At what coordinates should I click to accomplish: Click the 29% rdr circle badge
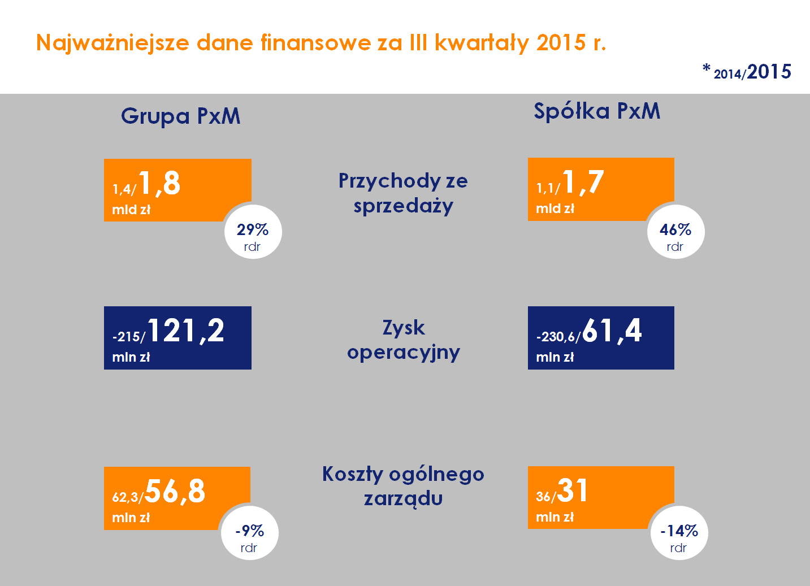[x=253, y=232]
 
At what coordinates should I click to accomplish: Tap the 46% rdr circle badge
[x=675, y=232]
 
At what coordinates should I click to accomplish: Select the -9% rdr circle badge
[x=249, y=533]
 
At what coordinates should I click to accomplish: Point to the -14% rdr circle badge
[x=679, y=533]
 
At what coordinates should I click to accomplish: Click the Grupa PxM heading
[x=180, y=116]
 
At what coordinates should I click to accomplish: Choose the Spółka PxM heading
[x=597, y=111]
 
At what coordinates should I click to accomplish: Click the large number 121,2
[x=185, y=331]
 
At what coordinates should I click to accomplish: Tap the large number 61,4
[x=612, y=331]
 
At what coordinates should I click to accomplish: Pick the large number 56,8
[x=175, y=491]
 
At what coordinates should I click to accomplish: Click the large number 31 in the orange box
[x=573, y=490]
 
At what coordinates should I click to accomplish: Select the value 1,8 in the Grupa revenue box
[x=159, y=184]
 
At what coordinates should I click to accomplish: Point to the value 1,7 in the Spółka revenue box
[x=583, y=183]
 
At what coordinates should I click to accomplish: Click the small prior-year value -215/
[x=129, y=337]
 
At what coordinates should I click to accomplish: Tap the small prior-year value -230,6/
[x=558, y=337]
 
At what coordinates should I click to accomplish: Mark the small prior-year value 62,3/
[x=127, y=497]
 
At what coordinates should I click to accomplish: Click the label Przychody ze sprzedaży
[x=403, y=193]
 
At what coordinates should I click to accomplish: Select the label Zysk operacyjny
[x=403, y=340]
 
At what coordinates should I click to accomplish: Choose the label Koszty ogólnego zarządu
[x=403, y=486]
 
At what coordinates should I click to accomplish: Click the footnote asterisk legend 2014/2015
[x=747, y=72]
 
